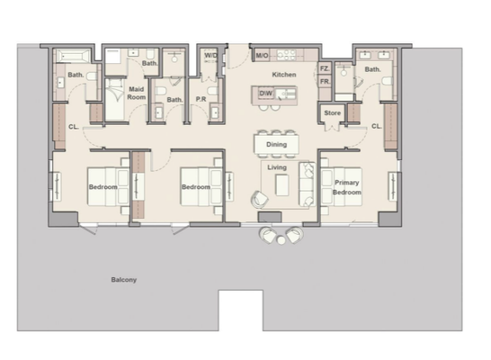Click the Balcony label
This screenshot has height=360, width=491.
124,280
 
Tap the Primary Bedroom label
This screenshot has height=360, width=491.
346,187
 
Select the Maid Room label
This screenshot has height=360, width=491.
137,93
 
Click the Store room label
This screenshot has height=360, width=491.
332,112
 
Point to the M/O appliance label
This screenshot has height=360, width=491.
262,56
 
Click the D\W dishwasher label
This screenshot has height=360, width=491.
266,93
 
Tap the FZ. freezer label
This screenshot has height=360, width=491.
325,68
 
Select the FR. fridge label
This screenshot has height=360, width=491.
325,82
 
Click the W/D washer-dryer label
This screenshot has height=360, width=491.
210,56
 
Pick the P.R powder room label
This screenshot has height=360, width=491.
201,99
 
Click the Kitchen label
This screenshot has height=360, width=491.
284,75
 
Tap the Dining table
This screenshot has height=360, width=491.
276,144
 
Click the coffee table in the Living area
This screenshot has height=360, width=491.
281,185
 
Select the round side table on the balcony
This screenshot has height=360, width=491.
281,240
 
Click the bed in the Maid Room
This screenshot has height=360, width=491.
114,99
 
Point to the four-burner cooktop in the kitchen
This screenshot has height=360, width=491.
286,55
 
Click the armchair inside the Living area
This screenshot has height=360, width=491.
260,200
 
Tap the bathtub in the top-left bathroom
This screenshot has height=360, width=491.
73,57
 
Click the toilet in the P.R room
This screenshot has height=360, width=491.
213,91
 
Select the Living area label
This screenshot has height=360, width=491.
277,167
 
